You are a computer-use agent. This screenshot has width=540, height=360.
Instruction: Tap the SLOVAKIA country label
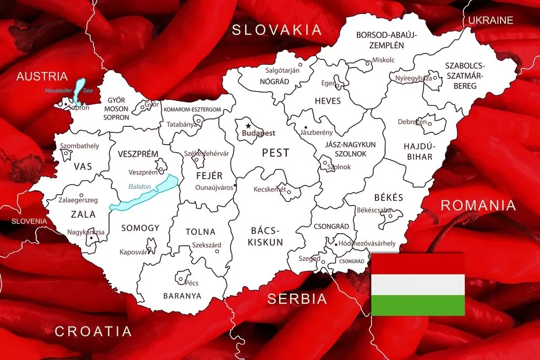coord(276,30)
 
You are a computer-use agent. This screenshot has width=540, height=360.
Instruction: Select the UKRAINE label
coord(490,21)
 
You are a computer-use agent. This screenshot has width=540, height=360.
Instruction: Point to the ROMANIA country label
coord(478,206)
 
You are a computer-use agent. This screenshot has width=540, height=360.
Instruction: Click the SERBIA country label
coord(297,299)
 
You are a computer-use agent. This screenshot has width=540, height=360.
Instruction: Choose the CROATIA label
coord(93,331)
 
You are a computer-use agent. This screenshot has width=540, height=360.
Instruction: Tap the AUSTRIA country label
coord(42,77)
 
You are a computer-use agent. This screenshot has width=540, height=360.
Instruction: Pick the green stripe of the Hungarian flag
coord(418,305)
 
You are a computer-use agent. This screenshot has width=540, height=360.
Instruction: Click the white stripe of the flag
coord(418,284)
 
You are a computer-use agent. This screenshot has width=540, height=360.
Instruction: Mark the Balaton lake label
coord(139,187)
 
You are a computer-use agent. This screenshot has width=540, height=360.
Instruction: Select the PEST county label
coord(275,153)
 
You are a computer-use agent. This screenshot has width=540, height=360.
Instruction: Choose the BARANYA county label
coord(182,296)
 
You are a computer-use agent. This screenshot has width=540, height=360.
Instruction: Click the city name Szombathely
coord(79,146)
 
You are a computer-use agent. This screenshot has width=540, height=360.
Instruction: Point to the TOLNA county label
coord(200,232)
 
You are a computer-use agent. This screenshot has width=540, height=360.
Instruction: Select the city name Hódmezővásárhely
coord(368,243)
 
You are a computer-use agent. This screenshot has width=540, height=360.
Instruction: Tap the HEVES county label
coord(328,101)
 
